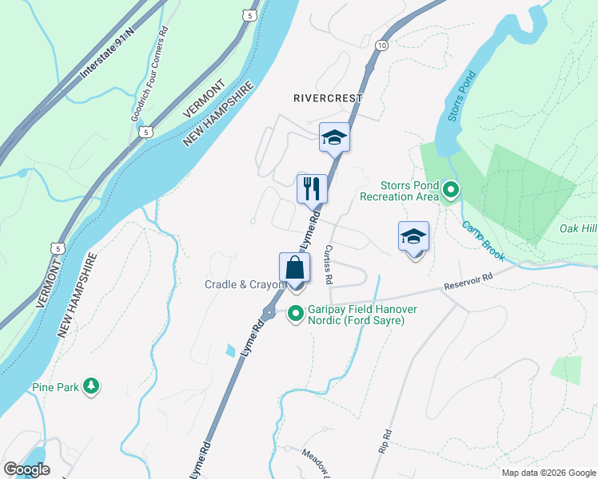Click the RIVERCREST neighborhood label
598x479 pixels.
tap(328, 98)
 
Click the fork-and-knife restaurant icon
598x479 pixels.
tap(312, 189)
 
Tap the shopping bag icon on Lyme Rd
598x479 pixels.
tap(294, 267)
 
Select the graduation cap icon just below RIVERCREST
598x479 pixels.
tap(334, 137)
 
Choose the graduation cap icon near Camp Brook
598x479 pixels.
tap(413, 237)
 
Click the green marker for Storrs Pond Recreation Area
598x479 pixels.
tap(450, 190)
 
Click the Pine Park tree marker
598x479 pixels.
tap(92, 386)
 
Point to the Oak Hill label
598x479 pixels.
tap(578, 229)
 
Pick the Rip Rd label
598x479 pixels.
tap(386, 442)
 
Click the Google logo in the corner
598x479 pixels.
tap(26, 469)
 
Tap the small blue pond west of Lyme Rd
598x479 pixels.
tap(231, 350)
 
